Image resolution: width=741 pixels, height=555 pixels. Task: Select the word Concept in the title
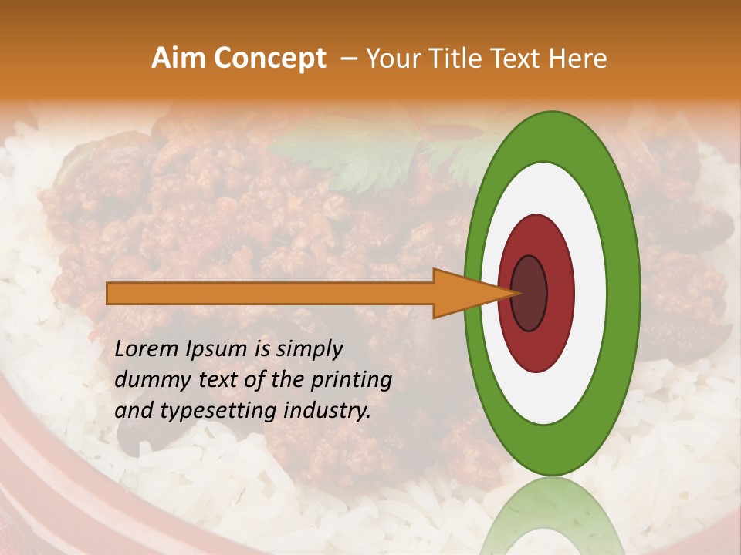[x=270, y=59]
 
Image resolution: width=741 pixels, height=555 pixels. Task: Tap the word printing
[x=351, y=380]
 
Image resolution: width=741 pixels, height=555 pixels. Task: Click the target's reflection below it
[x=551, y=516]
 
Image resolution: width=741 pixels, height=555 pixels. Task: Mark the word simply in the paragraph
[x=309, y=349]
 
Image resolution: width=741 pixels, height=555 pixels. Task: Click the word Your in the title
[x=391, y=59]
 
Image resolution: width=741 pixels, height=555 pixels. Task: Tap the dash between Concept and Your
[x=347, y=59]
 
